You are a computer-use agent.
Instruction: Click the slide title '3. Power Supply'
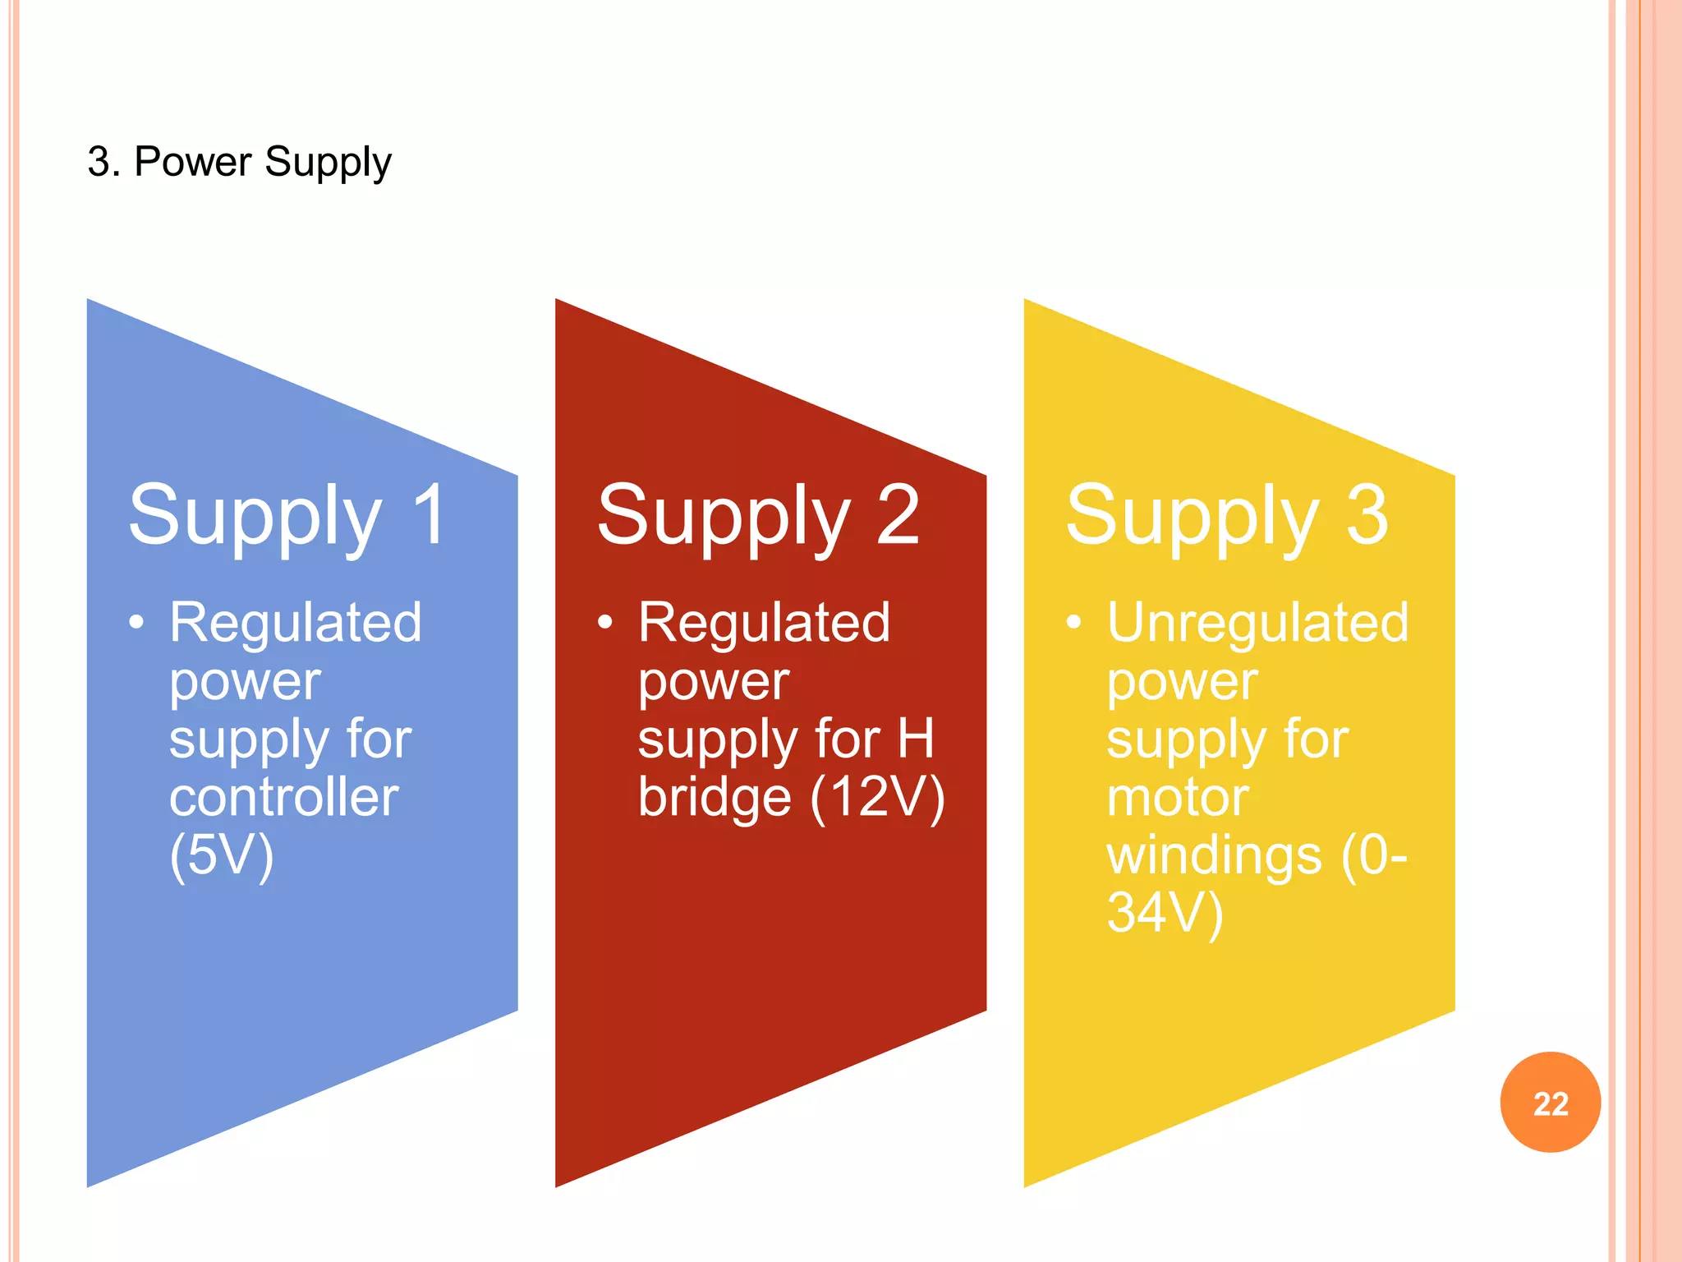pos(239,162)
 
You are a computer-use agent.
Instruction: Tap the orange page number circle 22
pos(1550,1103)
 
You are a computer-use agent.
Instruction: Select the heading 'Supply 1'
pos(287,516)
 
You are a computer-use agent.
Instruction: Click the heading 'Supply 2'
pos(757,516)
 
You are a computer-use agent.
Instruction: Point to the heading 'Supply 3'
pos(1226,516)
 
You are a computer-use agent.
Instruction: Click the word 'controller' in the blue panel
pos(283,797)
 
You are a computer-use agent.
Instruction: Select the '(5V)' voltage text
pos(221,855)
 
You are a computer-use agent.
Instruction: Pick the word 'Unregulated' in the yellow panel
pos(1257,622)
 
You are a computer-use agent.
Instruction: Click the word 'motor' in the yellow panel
pos(1178,797)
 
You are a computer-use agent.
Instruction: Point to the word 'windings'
pos(1214,855)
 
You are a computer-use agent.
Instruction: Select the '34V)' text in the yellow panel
pos(1165,913)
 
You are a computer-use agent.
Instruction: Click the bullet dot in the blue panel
pos(136,622)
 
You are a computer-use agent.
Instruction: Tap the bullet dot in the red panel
pos(605,622)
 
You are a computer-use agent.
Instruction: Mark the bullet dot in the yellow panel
pos(1073,622)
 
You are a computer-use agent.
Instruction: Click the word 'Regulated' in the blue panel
pos(296,622)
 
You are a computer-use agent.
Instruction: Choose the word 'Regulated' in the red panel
pos(764,622)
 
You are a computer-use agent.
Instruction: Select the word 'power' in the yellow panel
pos(1182,682)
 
